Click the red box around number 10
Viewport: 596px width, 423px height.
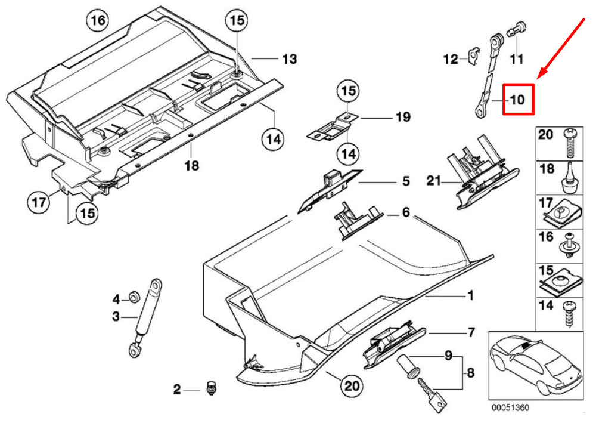tap(519, 99)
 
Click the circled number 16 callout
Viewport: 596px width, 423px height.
tap(98, 20)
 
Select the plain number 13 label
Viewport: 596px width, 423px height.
tap(290, 59)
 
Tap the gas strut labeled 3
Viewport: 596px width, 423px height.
tap(146, 318)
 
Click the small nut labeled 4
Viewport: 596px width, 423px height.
tap(134, 297)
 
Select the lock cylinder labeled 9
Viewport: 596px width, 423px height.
tap(408, 366)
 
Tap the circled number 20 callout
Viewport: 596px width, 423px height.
tap(351, 387)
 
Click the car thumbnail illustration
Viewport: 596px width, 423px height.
tap(535, 365)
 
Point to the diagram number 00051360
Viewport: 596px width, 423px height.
tap(510, 407)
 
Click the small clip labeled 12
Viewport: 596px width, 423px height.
tap(472, 56)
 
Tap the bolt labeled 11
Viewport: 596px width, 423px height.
tap(516, 30)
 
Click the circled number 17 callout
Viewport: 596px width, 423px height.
tap(38, 202)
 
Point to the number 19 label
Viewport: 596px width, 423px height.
tap(403, 117)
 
